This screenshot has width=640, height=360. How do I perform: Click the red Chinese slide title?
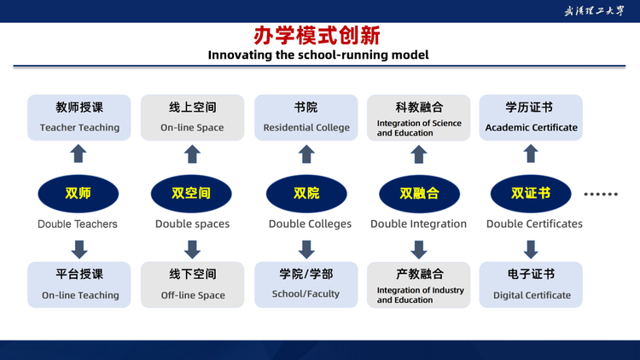317,35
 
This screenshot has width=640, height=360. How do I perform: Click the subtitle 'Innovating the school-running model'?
318,55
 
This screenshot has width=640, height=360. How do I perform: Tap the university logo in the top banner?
594,11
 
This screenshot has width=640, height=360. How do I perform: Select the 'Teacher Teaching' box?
79,118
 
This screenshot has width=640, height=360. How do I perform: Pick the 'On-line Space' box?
192,118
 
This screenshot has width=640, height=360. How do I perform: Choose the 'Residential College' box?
306,118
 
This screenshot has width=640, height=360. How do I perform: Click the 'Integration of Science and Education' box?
419,118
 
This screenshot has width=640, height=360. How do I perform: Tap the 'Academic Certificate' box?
531,118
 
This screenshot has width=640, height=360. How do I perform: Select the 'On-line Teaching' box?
79,284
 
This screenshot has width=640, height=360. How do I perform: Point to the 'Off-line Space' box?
192,284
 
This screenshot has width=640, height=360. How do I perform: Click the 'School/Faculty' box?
306,284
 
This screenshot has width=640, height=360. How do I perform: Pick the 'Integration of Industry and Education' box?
419,284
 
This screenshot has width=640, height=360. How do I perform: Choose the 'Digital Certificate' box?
531,284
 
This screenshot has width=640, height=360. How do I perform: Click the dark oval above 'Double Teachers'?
79,194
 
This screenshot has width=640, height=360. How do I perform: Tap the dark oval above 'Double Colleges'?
306,194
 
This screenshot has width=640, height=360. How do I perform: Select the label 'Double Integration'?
418,224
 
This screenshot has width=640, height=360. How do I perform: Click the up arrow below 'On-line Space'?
192,154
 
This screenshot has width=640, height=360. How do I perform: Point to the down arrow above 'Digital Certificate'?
531,249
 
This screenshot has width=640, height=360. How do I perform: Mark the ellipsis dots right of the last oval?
601,195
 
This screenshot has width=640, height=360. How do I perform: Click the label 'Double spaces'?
192,224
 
